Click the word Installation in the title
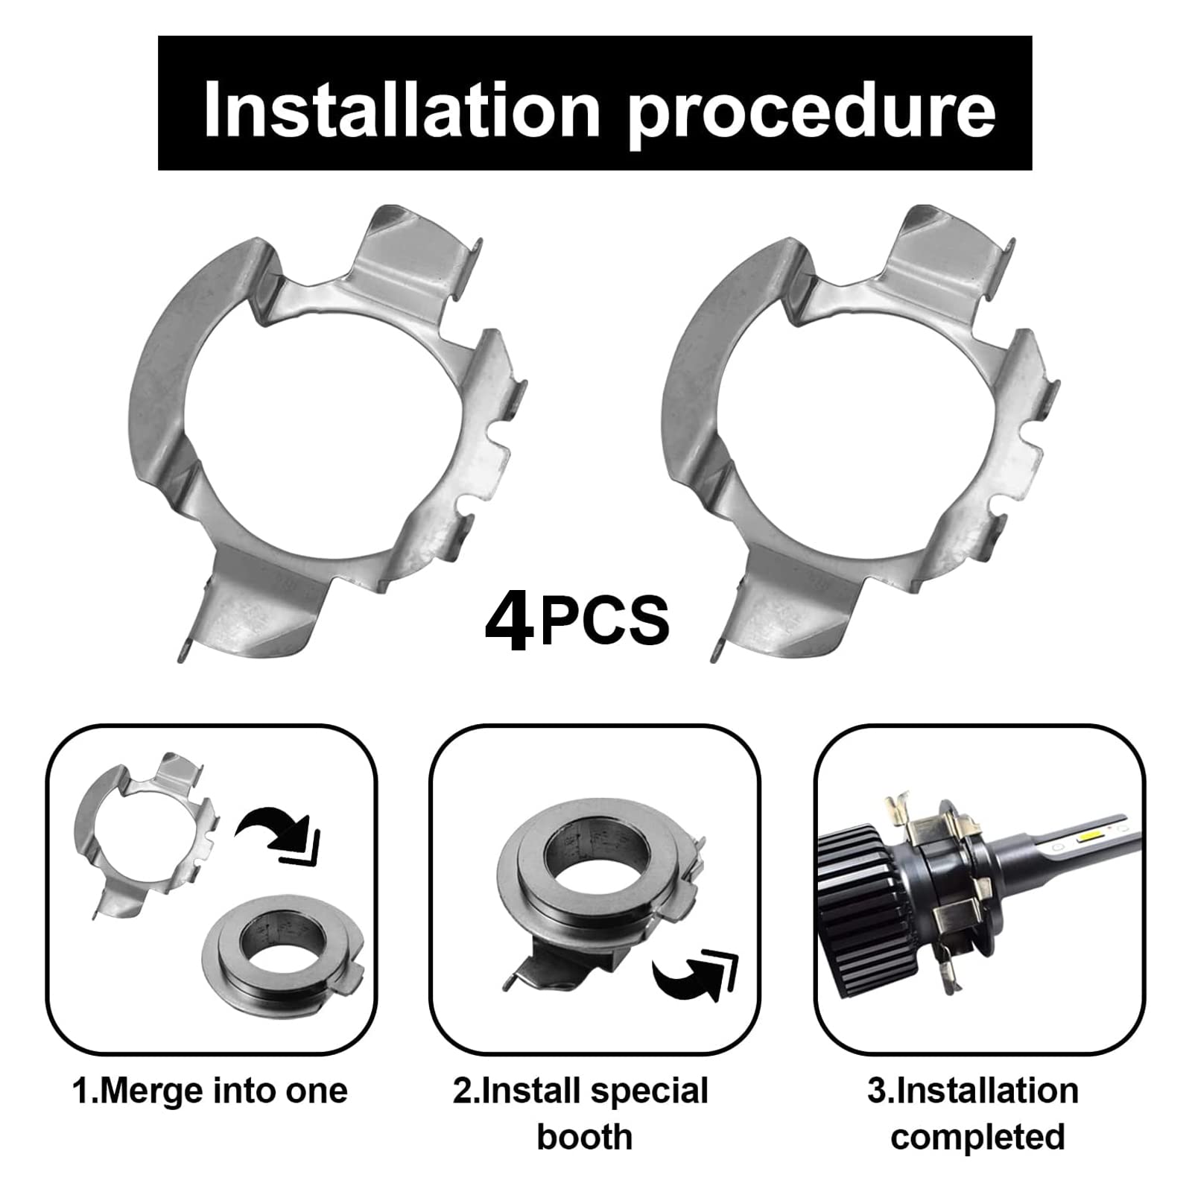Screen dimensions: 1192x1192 click(402, 110)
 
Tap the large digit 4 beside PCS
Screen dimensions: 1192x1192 click(509, 621)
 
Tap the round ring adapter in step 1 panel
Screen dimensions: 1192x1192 click(280, 950)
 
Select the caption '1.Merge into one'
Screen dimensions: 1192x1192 click(210, 1091)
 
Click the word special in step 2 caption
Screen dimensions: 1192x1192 click(650, 1091)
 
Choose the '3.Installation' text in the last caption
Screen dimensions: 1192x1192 click(973, 1091)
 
